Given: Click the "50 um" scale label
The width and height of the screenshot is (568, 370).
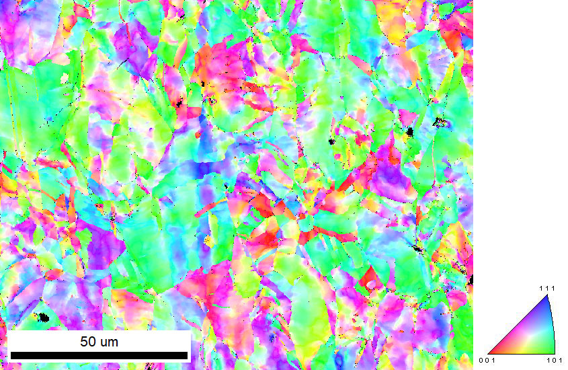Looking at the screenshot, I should (99, 342).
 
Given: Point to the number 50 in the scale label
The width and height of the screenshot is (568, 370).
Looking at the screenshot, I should (89, 342).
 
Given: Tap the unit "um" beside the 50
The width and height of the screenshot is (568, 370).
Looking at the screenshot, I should (110, 342).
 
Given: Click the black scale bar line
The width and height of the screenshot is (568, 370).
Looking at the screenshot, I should (99, 355).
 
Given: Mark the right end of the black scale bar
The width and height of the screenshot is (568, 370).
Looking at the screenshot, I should (188, 355).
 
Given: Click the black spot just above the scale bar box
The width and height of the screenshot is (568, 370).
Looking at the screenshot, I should (44, 317).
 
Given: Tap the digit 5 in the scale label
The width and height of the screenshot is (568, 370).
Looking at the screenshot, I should (84, 342).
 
